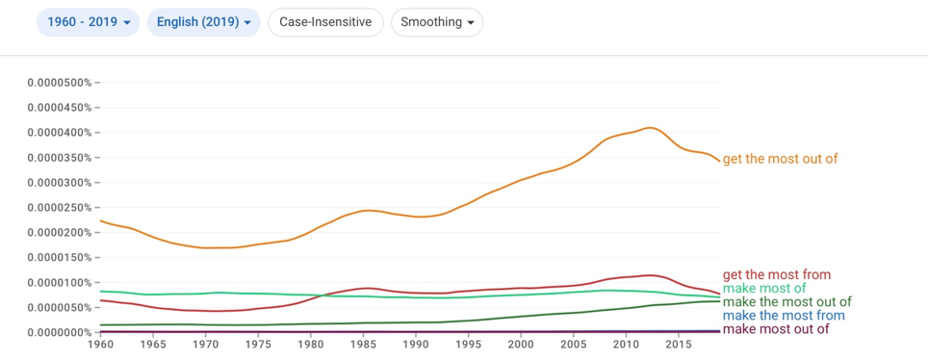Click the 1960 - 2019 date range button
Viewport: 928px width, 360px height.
(89, 22)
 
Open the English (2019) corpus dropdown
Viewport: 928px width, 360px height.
(203, 22)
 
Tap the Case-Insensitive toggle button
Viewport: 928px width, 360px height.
(326, 22)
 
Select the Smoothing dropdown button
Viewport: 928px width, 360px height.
(437, 22)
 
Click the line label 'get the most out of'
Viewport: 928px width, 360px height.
(780, 159)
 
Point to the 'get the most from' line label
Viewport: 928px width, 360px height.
(777, 274)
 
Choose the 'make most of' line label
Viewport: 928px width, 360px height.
(764, 289)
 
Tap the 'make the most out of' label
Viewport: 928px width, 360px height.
(786, 302)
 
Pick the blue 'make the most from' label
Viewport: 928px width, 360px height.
(783, 316)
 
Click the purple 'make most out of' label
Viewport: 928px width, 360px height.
(775, 329)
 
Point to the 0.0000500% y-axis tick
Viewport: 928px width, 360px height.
(59, 83)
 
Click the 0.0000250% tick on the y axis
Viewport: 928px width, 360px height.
(59, 207)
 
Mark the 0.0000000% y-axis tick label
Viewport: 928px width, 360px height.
(59, 332)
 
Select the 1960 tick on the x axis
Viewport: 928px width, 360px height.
(100, 344)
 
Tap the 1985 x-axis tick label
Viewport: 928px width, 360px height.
(362, 344)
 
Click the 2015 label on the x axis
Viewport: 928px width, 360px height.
(679, 344)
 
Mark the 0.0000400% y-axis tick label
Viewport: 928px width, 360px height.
(59, 133)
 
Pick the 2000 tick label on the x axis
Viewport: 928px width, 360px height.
(520, 344)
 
